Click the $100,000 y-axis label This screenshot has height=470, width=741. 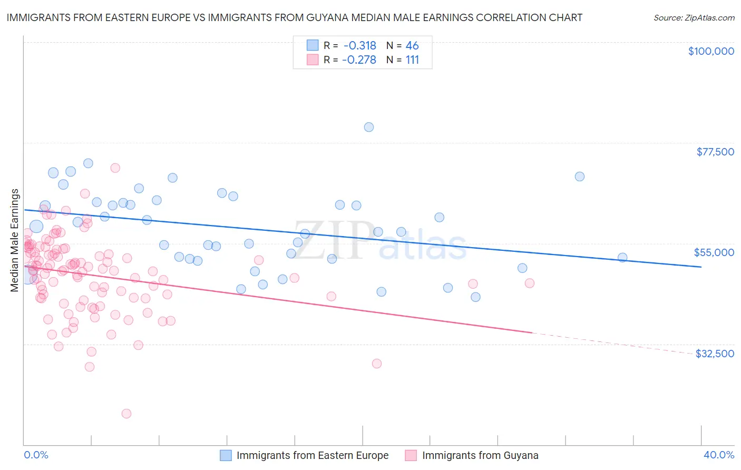point(710,51)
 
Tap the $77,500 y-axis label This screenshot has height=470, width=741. point(715,152)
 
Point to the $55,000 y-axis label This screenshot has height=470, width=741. point(714,252)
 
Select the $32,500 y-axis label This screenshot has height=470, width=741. point(714,354)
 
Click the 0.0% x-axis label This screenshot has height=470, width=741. point(36,455)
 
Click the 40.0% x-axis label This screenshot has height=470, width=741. point(718,455)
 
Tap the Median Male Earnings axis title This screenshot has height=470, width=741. point(14,240)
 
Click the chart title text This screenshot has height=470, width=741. point(295,17)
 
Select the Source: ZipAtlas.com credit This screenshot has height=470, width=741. point(694,18)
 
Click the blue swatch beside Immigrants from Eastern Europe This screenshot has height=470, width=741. point(226,455)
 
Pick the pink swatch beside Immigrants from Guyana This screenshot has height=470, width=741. point(411,455)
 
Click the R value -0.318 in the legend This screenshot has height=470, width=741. point(359,46)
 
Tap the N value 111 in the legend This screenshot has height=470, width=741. point(412,60)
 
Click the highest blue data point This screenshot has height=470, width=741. point(369,127)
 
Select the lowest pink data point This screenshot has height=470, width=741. point(126,414)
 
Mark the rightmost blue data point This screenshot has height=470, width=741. point(622,258)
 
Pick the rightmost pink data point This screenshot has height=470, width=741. point(530,283)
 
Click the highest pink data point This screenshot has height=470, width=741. point(115,168)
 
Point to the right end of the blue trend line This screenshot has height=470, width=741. point(701,267)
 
